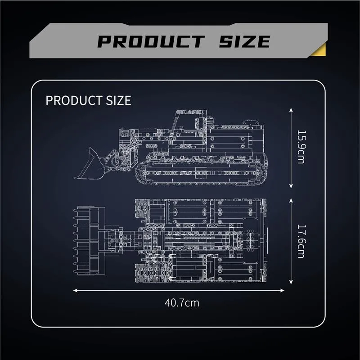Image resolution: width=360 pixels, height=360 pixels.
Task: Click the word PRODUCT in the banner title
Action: coord(151,41)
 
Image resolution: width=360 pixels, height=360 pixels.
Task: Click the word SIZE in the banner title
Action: coord(244,41)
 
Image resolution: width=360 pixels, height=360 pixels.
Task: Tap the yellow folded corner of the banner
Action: coord(320,50)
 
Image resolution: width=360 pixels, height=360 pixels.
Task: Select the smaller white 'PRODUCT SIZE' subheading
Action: coord(88,100)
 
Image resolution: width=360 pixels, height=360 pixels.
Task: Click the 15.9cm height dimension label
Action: coord(301,147)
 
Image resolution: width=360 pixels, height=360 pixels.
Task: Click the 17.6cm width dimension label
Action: coord(301,241)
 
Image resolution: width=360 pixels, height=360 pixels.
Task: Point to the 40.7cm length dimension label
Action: coord(182,303)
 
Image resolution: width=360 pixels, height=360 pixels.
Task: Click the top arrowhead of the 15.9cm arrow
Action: coord(291,110)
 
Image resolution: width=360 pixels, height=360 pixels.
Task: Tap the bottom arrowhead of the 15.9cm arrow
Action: coord(291,186)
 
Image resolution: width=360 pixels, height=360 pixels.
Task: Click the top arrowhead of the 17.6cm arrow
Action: coord(291,201)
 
